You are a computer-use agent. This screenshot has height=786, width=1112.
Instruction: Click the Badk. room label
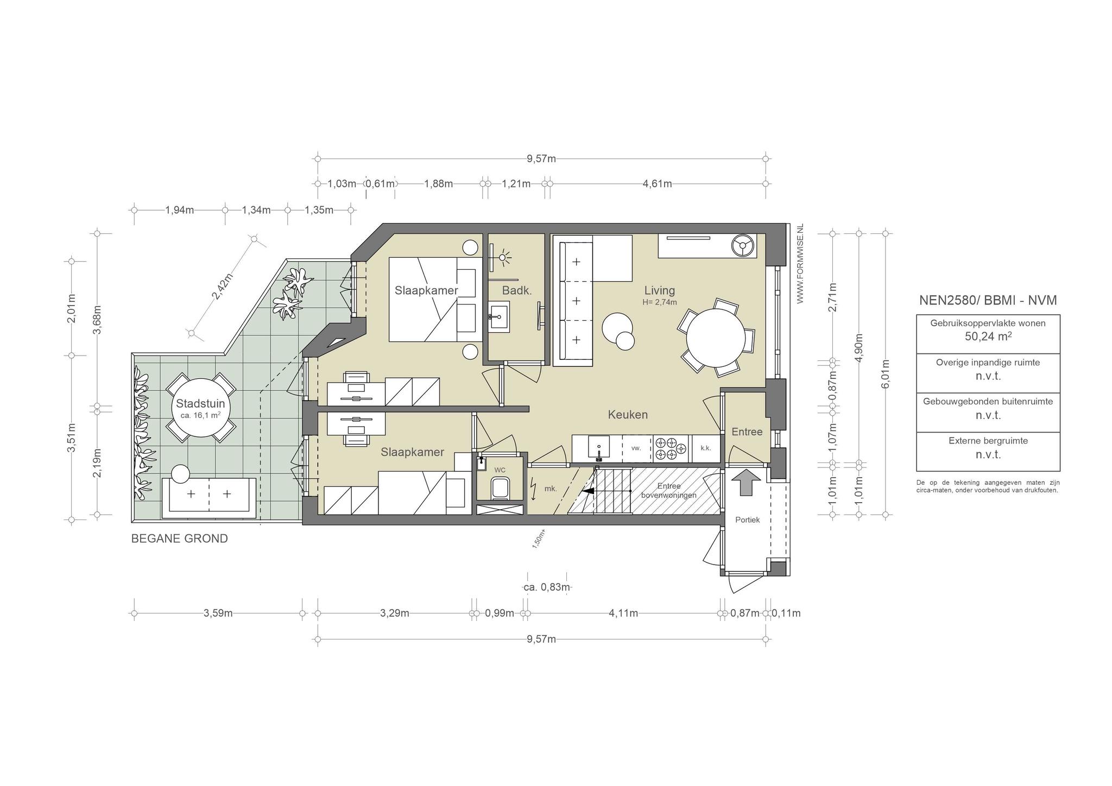516,290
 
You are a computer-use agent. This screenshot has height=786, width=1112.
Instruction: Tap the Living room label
659,290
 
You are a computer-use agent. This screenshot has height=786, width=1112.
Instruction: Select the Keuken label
628,415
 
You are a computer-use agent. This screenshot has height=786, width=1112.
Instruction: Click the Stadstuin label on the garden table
200,404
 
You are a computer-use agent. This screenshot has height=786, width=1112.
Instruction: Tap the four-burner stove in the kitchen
672,448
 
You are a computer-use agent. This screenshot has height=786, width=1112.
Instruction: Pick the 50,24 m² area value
988,336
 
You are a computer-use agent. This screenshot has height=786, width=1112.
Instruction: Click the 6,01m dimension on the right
886,374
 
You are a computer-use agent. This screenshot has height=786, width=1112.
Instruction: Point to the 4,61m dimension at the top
657,183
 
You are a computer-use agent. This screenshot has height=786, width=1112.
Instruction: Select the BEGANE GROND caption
180,538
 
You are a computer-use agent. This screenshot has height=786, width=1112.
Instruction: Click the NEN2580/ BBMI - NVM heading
988,300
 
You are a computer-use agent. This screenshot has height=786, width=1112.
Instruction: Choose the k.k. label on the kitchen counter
705,448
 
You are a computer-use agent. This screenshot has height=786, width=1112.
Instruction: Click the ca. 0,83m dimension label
547,587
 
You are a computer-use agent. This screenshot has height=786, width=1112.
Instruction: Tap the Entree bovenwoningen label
668,491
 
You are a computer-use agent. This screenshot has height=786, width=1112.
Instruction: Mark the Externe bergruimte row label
988,441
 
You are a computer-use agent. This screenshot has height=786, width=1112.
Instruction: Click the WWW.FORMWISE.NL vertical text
800,266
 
